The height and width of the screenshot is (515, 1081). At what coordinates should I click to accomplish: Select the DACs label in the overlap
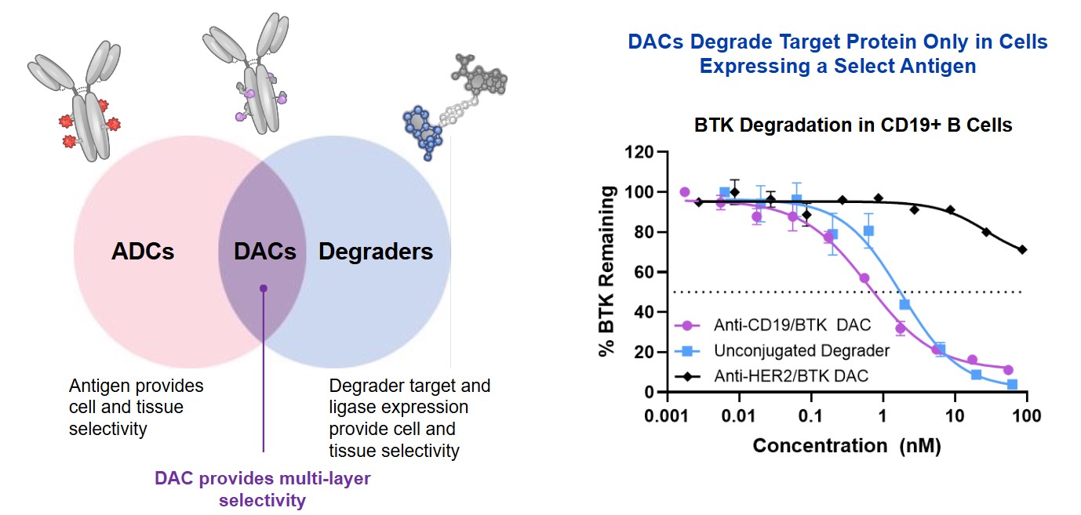265,252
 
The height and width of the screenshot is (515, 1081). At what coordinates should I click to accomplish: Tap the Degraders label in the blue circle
376,252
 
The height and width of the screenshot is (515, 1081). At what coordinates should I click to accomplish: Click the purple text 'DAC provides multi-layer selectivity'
262,488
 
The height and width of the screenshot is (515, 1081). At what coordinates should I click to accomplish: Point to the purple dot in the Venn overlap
264,288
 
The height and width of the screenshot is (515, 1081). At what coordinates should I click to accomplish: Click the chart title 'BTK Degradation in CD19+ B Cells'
853,125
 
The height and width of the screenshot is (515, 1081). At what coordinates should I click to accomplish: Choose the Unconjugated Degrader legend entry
791,350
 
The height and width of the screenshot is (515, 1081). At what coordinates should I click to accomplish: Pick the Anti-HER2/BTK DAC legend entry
791,376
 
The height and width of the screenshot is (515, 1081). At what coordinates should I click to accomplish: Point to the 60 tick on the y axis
645,272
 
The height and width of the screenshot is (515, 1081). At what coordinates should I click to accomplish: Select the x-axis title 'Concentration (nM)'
846,446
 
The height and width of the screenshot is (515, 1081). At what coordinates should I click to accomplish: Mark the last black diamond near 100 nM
1022,249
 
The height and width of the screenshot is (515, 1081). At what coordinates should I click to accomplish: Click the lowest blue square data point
1012,384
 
